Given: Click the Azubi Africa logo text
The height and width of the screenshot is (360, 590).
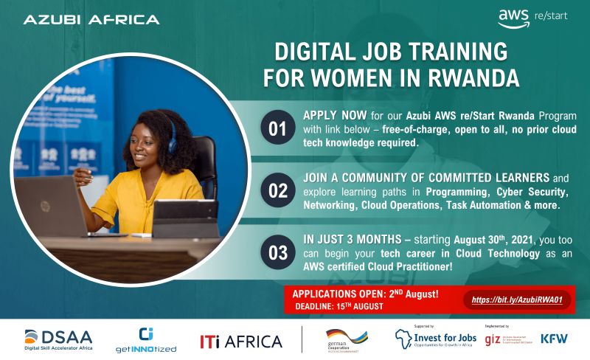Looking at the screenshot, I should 91,19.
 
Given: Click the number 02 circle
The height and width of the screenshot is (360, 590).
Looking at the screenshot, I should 277,191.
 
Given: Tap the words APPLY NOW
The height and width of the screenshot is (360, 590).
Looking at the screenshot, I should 333,117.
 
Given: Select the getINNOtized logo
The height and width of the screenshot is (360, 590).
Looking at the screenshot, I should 146,339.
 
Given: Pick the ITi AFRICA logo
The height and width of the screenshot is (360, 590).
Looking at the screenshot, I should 241,342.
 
